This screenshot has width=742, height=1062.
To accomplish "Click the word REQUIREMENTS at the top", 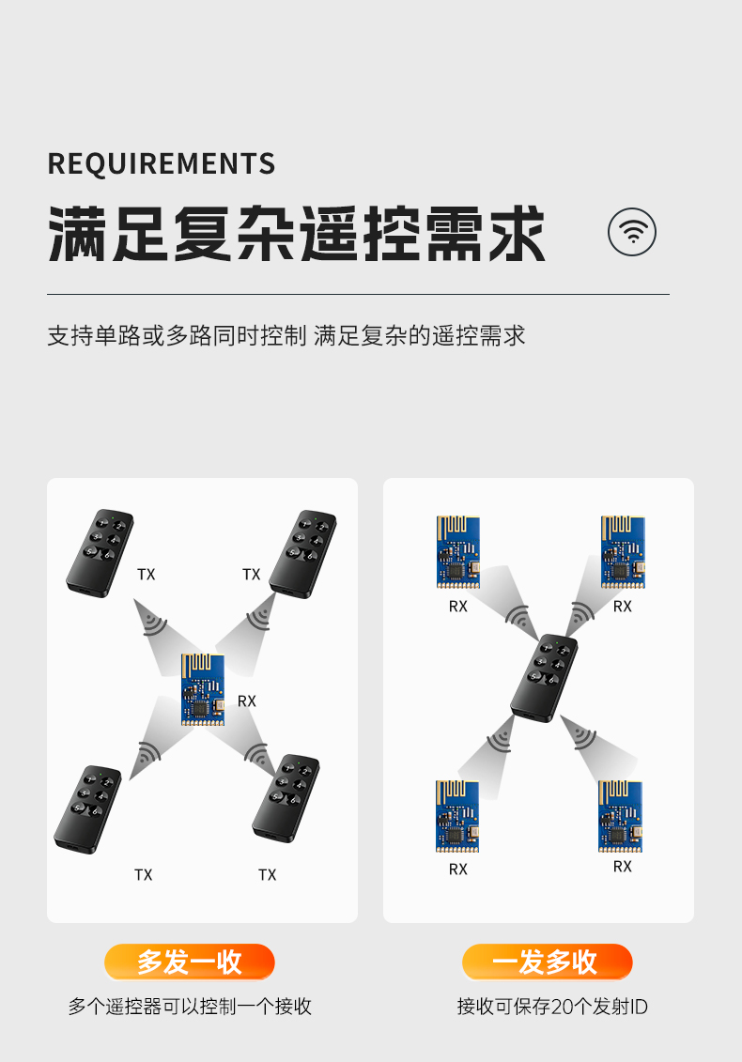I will [162, 163].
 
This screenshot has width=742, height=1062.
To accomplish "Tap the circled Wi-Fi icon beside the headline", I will [632, 232].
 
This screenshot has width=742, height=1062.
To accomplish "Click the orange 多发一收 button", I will [189, 962].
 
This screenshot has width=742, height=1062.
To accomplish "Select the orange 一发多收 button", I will [547, 962].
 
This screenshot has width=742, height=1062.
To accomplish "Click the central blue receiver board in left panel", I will [204, 689].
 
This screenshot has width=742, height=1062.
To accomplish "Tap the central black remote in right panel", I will [544, 678].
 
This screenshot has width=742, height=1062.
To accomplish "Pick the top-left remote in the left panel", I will [100, 551].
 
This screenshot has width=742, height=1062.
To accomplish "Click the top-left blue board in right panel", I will [457, 552].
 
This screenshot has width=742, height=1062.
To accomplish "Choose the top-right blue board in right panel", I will [623, 552].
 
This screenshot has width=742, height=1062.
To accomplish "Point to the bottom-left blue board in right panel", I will [457, 816].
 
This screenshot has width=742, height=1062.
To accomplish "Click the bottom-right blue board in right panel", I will [620, 815].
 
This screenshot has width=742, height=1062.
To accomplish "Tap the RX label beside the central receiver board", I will [247, 700].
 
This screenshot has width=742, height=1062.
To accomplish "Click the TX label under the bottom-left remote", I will [143, 874].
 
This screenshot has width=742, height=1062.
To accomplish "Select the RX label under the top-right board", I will [623, 607].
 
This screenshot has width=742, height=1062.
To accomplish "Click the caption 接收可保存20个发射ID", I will [552, 1008].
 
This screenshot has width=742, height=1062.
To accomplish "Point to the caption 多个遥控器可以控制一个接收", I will [190, 1008].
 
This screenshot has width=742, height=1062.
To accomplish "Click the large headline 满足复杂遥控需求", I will [297, 235].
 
